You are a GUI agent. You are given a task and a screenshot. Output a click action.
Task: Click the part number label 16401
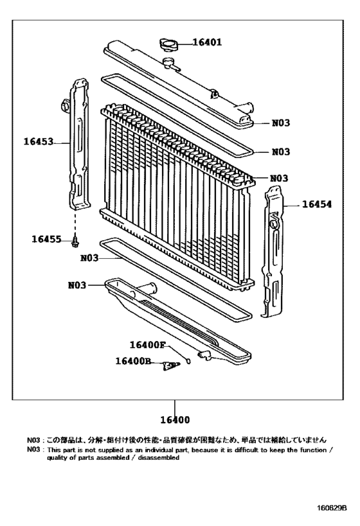click(207, 44)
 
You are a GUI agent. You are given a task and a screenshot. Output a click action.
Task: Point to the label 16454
click(316, 204)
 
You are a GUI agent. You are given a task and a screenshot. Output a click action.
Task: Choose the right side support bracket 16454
click(274, 250)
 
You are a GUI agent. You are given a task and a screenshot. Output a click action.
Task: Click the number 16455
click(46, 240)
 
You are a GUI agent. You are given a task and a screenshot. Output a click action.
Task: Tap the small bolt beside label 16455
click(76, 242)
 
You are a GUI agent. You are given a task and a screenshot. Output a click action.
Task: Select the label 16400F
click(147, 345)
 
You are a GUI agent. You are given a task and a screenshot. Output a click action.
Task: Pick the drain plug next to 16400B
click(170, 365)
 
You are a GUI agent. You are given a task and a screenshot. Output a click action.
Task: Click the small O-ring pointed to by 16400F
click(188, 361)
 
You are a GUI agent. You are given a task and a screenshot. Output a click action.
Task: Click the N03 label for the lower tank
click(76, 285)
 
